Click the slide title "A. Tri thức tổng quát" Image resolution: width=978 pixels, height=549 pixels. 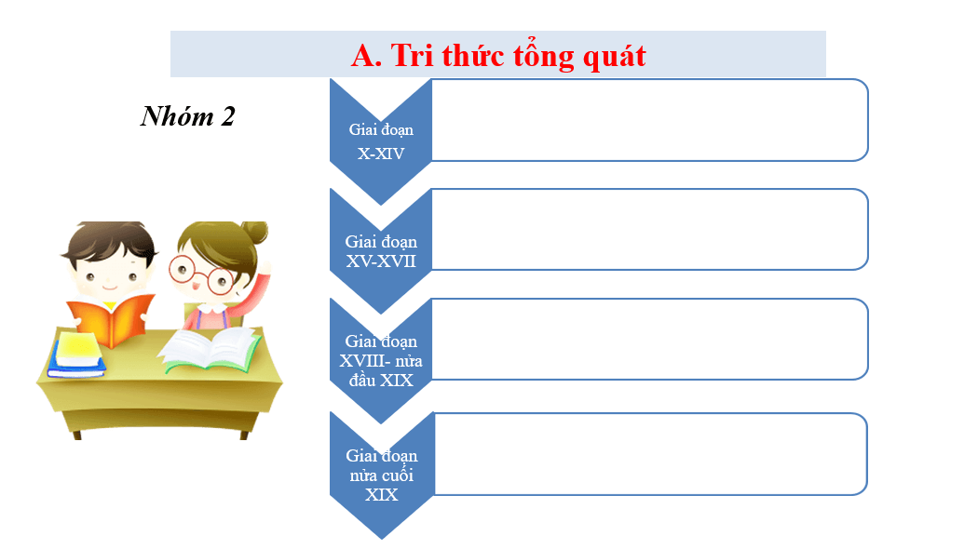coord(497,55)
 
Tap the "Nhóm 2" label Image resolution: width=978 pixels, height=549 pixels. coord(187,116)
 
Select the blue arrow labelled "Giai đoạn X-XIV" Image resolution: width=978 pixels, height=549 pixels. coord(381,140)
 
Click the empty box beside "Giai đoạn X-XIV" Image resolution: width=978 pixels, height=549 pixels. coord(649,120)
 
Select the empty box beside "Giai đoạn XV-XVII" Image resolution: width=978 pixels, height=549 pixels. coord(649,230)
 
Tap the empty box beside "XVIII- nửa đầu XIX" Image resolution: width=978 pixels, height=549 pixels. coord(649,340)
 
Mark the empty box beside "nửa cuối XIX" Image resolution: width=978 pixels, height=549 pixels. coord(649,454)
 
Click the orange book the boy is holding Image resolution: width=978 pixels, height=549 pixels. coord(110,319)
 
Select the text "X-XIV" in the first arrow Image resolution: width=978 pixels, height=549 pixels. coord(381,153)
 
